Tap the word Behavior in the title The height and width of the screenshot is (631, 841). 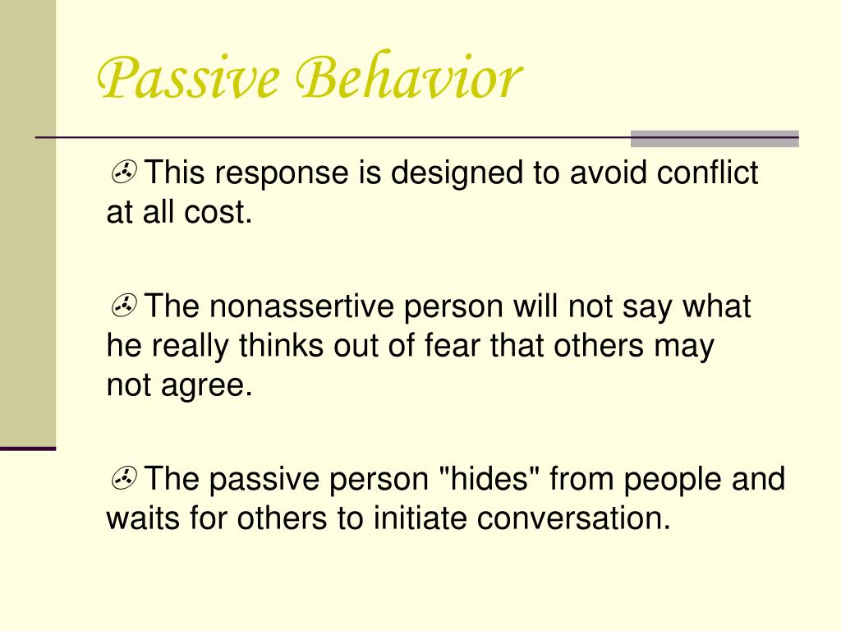[x=405, y=80]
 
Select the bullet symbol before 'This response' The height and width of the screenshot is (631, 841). [x=125, y=173]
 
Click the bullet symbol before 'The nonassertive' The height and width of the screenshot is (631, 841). [x=125, y=306]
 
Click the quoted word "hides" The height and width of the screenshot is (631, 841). [x=490, y=478]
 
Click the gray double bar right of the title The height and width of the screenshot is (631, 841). [x=714, y=138]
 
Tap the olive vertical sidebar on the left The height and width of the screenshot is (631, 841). [x=27, y=222]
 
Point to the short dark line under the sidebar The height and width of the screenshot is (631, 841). [x=27, y=449]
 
